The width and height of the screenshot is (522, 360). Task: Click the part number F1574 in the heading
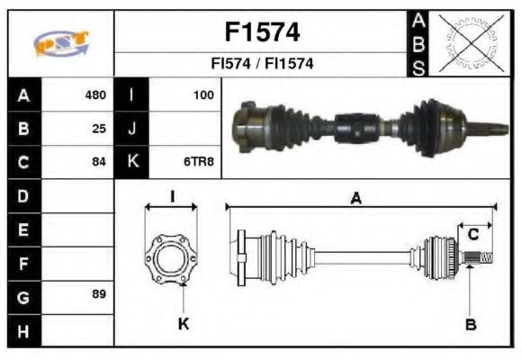(x=261, y=32)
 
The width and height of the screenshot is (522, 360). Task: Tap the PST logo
(x=61, y=43)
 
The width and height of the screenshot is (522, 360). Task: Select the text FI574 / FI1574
(x=261, y=64)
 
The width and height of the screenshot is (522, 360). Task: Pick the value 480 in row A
(x=95, y=94)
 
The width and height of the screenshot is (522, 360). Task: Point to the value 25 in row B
(x=99, y=128)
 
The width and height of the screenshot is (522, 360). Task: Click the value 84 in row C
(x=99, y=163)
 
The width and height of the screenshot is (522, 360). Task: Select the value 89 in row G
(x=99, y=294)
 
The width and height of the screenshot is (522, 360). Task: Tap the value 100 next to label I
(x=203, y=94)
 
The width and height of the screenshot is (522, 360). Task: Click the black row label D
(x=23, y=194)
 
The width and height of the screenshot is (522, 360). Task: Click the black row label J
(x=132, y=128)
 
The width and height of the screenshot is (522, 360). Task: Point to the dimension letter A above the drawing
(x=356, y=199)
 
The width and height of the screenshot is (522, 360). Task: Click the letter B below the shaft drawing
(x=470, y=323)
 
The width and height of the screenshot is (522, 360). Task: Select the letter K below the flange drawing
(x=183, y=323)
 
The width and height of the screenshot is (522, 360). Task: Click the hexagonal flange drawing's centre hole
(x=171, y=260)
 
